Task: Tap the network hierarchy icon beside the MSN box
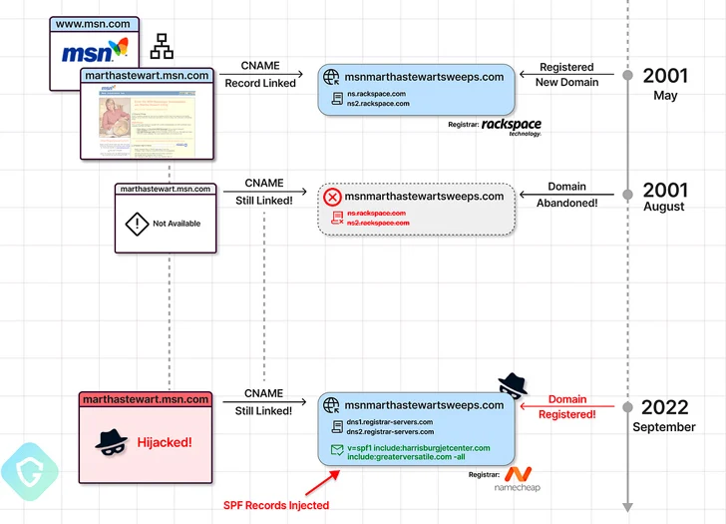coord(161,46)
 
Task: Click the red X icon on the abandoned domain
coord(332,197)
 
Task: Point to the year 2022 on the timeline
coord(664,407)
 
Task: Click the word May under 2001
coord(665,96)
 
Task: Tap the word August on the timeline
coord(664,207)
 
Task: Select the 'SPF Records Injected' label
coord(277,505)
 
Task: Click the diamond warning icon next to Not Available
coord(136,224)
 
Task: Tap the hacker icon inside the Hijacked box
coord(108,440)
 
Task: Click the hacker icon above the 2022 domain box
coord(512,384)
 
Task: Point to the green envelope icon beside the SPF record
coord(336,451)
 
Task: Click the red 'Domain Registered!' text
coord(566,406)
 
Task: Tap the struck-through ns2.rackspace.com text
coord(377,223)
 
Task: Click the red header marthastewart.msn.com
coord(146,399)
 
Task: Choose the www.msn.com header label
coord(95,22)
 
